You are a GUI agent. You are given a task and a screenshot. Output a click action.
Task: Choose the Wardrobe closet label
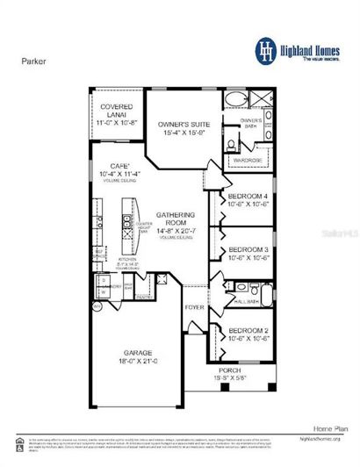[246, 162]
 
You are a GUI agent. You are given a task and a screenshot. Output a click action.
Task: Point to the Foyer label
[194, 308]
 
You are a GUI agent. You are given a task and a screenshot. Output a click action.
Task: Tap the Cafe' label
[119, 164]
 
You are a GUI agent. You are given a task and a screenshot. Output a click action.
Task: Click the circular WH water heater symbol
[97, 307]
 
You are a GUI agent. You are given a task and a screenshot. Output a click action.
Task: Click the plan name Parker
[33, 62]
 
